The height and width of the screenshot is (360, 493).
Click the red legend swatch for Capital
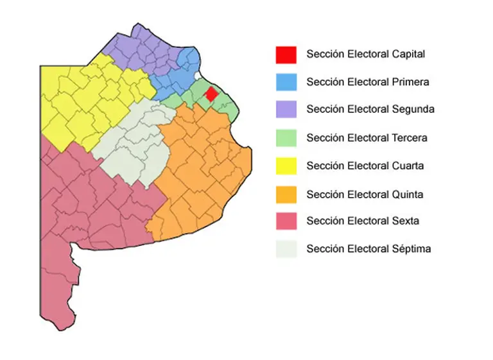286,55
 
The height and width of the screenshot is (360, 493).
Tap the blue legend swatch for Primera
286,82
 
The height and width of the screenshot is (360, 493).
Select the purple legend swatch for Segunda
286,110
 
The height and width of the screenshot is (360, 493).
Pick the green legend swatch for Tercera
286,138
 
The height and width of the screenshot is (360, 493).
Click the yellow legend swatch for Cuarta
286,166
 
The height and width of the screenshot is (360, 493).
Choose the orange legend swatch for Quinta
286,194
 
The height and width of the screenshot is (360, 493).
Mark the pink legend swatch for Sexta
286,221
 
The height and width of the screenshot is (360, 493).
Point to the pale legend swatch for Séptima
286,249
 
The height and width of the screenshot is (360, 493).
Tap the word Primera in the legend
410,82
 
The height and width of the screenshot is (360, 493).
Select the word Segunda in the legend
412,110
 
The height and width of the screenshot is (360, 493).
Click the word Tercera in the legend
409,138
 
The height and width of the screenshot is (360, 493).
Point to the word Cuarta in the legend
407,166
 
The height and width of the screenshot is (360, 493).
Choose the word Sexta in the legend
405,221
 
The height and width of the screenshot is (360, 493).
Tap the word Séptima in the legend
411,249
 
